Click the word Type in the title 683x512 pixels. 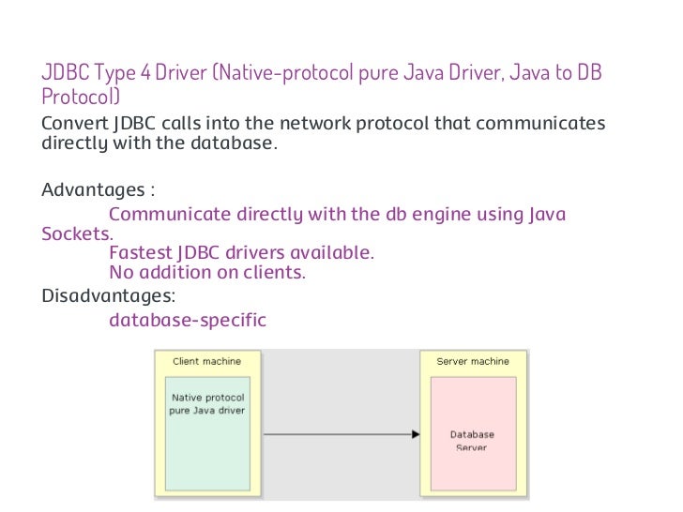110,74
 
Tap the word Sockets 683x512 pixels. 76,234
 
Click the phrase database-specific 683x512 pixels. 188,321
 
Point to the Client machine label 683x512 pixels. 206,361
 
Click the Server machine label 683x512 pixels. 473,361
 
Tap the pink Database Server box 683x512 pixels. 472,436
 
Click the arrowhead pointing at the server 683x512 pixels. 415,434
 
